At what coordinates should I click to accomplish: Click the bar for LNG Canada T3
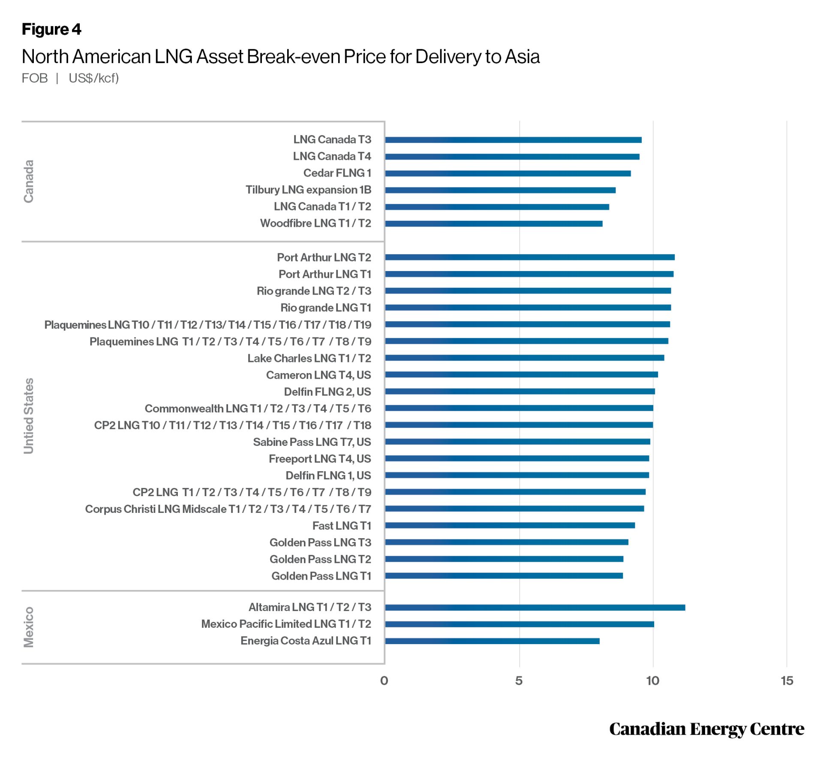(513, 140)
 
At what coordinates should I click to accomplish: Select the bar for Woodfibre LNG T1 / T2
(493, 223)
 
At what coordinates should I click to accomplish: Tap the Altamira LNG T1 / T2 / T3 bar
(535, 607)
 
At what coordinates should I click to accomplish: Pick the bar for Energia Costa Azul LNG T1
(492, 641)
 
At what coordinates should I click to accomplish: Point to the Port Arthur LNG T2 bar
(529, 257)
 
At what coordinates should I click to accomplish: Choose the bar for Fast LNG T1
(510, 525)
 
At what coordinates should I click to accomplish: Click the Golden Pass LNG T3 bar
(506, 542)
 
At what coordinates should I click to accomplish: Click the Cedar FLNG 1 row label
(337, 173)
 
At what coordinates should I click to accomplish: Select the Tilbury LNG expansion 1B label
(308, 190)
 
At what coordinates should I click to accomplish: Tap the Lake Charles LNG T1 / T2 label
(309, 358)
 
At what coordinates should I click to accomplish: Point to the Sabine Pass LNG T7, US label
(312, 442)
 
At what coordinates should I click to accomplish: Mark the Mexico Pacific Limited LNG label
(286, 624)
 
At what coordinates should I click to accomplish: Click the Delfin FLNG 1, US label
(328, 475)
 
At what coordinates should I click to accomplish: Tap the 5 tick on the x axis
(519, 681)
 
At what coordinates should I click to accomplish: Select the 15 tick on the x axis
(787, 681)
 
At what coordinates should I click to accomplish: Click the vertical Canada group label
(28, 181)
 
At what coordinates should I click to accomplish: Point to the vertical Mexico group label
(28, 626)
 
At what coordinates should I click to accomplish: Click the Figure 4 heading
(51, 29)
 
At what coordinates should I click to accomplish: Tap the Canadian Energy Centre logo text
(706, 729)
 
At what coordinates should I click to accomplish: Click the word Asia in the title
(522, 57)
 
